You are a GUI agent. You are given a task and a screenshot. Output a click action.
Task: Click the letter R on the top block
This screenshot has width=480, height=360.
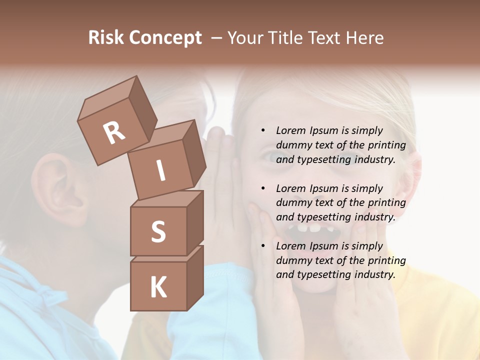click(114, 132)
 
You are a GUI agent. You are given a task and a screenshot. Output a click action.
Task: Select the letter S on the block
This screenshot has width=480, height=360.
click(158, 232)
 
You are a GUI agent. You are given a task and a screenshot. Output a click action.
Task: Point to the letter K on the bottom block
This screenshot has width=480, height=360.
click(158, 287)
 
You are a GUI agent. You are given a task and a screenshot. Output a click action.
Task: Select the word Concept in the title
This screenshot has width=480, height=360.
click(165, 38)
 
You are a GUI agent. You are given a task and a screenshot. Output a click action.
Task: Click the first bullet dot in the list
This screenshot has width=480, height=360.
click(263, 131)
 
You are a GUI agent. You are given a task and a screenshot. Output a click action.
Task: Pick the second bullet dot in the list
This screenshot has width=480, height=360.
click(263, 188)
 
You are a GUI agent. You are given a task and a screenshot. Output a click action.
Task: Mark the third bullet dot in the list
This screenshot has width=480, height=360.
click(263, 246)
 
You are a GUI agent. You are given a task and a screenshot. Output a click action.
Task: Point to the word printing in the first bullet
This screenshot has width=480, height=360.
click(386, 145)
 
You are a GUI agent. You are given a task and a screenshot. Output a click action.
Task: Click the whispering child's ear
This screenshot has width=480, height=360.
click(60, 187)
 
